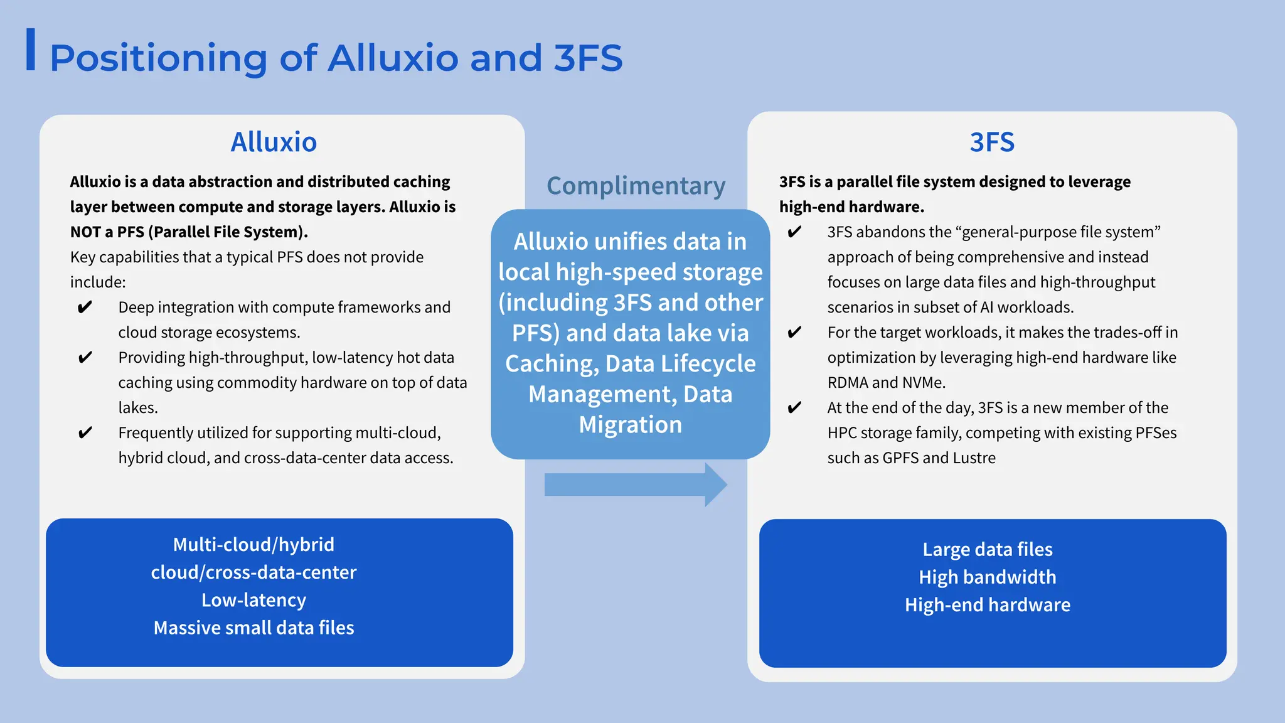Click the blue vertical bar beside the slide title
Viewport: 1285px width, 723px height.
point(30,50)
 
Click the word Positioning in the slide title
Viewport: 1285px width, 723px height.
point(158,58)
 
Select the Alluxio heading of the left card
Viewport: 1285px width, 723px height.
point(274,142)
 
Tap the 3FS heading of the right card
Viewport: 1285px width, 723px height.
point(992,142)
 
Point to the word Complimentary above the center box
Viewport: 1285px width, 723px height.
point(636,186)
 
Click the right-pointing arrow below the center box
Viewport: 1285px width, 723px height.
point(635,485)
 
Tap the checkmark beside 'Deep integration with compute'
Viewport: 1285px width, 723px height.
point(85,307)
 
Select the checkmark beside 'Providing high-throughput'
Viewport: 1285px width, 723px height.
point(85,357)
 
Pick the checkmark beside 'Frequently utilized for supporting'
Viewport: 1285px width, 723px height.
point(85,432)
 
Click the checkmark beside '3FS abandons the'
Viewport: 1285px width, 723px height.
point(794,232)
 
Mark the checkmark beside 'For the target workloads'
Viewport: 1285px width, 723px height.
point(794,332)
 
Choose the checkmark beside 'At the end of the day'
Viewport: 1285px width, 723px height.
point(794,407)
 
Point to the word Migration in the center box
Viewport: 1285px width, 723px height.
point(630,425)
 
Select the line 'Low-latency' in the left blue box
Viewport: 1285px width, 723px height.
point(253,601)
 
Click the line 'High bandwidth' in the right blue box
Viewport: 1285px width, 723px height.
point(988,577)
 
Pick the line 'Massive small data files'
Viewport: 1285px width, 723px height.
point(253,628)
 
